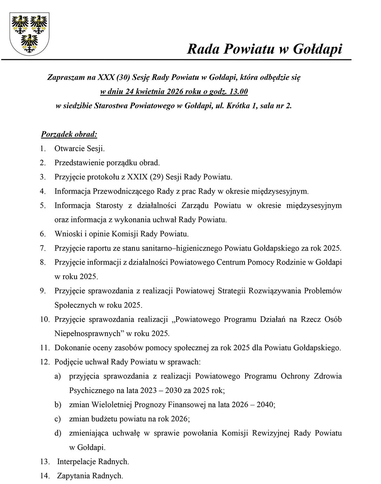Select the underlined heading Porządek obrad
69,134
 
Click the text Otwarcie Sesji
79,148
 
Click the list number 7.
43,248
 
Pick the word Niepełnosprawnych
87,333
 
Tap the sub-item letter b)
58,405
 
